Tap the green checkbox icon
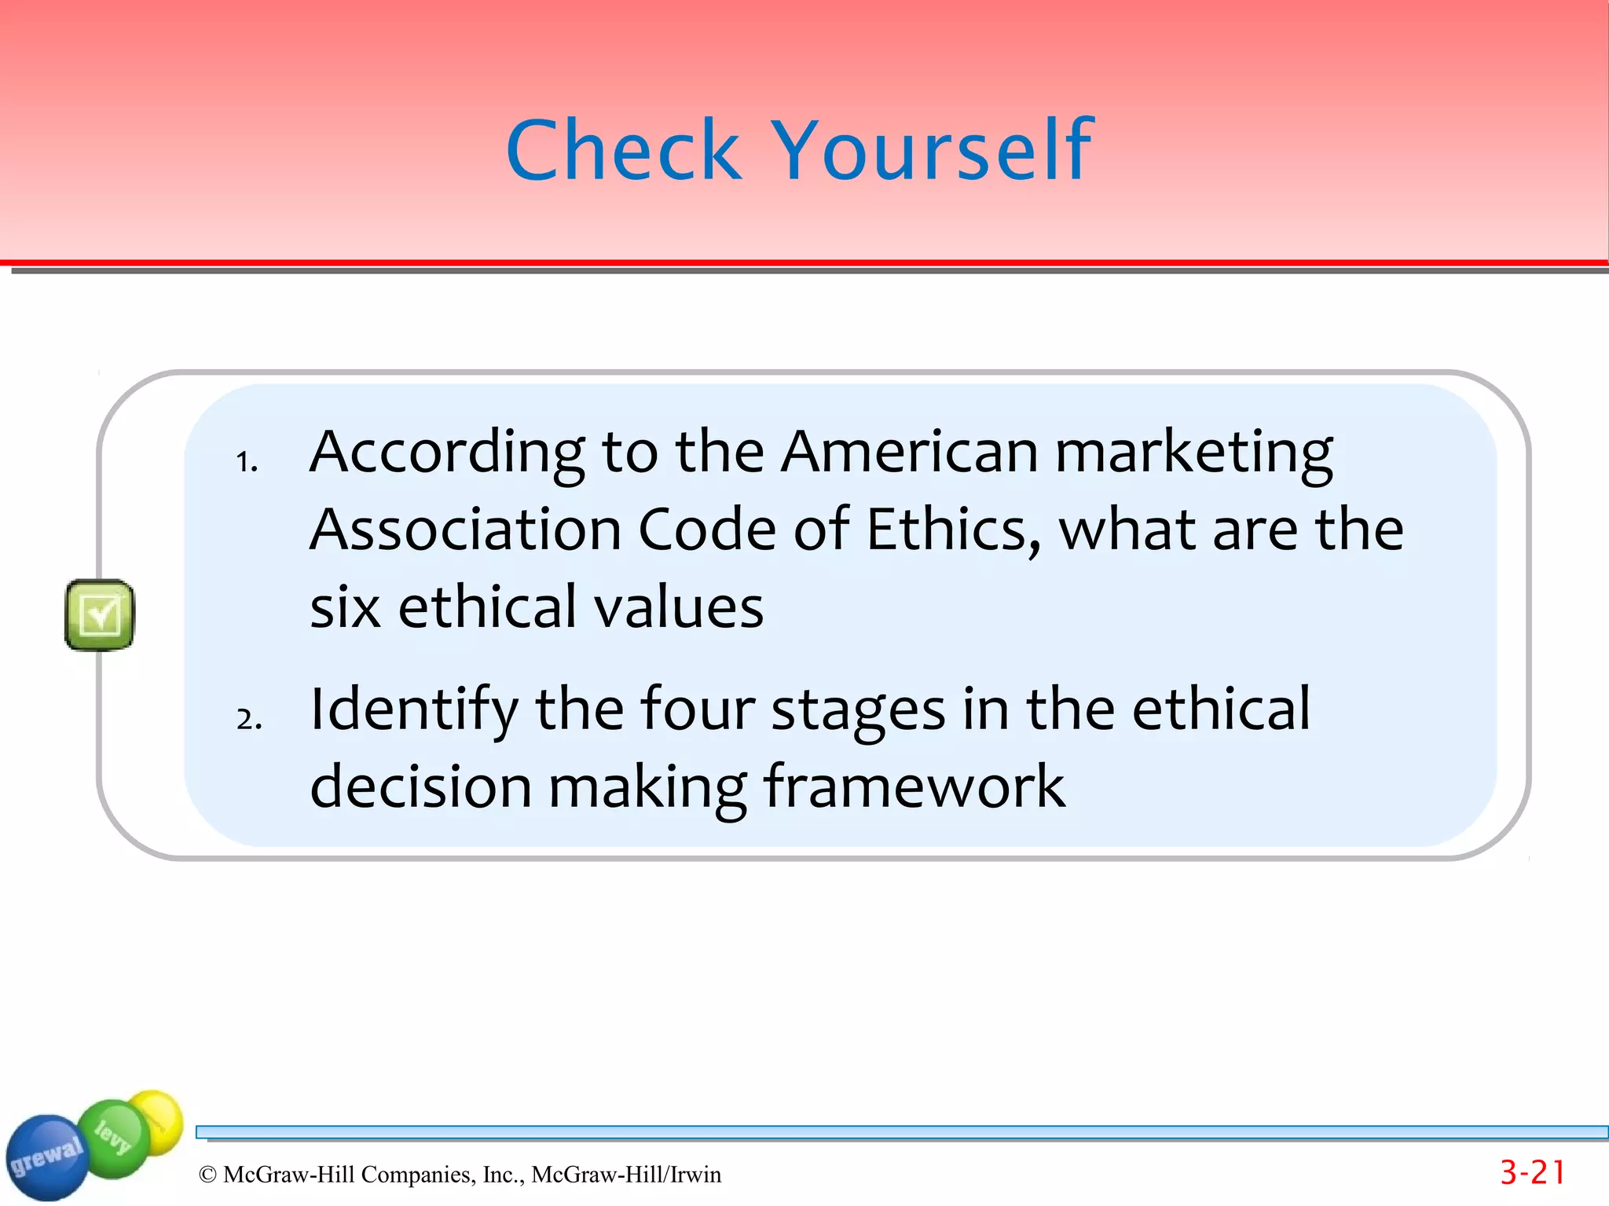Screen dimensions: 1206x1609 100,614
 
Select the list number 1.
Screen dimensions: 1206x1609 247,462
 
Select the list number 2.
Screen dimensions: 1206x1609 248,719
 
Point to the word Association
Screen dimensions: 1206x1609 465,530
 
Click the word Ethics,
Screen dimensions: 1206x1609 954,530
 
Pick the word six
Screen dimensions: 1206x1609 346,607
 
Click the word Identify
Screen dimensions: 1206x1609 413,709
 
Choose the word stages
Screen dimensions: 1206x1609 858,709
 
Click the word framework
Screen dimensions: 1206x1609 914,786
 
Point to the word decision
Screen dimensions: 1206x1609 420,786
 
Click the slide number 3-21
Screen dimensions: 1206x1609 1532,1173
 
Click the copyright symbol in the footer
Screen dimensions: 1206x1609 207,1175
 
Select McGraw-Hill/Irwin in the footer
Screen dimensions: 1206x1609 626,1175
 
